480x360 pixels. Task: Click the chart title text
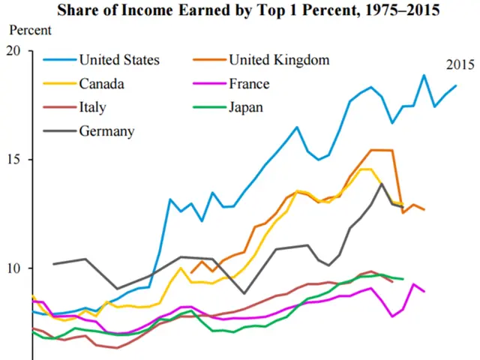tap(240, 10)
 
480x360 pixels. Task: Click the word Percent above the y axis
tap(30, 31)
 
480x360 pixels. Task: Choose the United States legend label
tap(119, 60)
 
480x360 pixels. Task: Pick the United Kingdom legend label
tap(279, 60)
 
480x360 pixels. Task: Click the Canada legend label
tap(102, 83)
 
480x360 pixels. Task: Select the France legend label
tap(249, 83)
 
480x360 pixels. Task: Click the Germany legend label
tap(106, 131)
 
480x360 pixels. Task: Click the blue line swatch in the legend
tap(58, 60)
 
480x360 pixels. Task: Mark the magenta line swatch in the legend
tap(208, 83)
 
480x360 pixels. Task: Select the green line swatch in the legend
tap(208, 107)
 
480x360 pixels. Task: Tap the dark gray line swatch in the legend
tap(58, 131)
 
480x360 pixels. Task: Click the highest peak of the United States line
tap(424, 75)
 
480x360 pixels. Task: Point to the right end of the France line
tap(424, 292)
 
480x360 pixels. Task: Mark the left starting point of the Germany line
tap(53, 264)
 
